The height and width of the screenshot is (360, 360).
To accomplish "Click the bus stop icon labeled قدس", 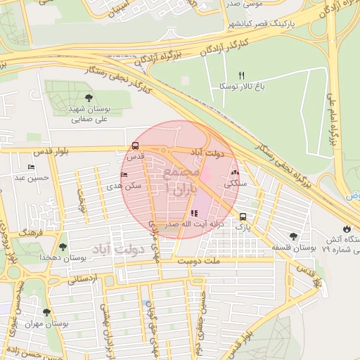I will tap(134, 146).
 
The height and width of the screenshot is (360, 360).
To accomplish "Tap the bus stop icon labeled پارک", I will tap(243, 217).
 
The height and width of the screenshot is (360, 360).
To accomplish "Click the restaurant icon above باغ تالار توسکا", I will tap(241, 75).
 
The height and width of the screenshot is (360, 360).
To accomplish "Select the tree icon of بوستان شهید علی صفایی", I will tap(89, 98).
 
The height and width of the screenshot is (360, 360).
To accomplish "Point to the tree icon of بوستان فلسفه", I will tap(293, 237).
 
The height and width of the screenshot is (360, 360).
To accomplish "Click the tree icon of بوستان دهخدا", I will tap(63, 247).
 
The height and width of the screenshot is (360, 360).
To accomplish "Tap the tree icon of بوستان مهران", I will tap(46, 312).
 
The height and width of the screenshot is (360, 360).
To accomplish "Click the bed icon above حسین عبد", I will tap(30, 167).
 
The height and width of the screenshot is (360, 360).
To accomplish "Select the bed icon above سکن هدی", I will tap(124, 174).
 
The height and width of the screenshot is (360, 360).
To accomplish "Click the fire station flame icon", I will tap(346, 229).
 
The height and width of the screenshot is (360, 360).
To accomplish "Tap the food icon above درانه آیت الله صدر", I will tap(193, 213).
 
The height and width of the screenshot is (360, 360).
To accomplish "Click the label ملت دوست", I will tap(199, 261).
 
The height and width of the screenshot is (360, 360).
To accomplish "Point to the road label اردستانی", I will tap(83, 278).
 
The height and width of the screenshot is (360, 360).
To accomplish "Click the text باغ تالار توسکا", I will tap(240, 86).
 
